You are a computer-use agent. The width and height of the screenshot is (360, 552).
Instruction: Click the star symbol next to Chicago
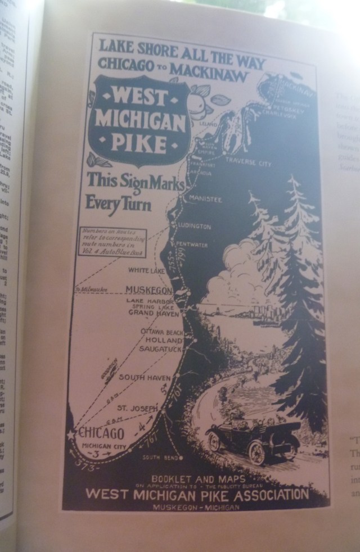pyautogui.click(x=71, y=435)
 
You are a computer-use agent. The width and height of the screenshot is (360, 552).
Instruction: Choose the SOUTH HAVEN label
pyautogui.click(x=140, y=377)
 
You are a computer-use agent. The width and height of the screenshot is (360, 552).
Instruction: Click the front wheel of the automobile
pyautogui.click(x=258, y=452)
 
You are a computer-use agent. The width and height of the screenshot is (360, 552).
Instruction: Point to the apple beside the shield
pyautogui.click(x=197, y=103)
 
